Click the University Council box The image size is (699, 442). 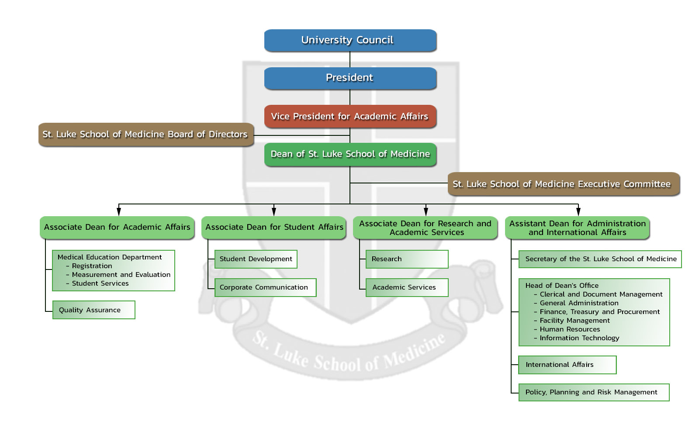tap(350, 40)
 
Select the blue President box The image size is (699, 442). tap(350, 78)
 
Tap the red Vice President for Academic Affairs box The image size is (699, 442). tap(350, 116)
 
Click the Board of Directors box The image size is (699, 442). tap(145, 135)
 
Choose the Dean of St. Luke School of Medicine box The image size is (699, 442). tap(350, 154)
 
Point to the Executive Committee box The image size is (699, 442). tap(563, 184)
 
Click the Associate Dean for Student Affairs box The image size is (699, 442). tap(274, 227)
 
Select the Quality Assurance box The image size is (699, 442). tap(93, 310)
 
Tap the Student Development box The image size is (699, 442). tap(256, 259)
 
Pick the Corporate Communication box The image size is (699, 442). tap(265, 287)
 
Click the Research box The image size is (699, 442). tap(407, 259)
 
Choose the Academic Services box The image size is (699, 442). tap(407, 287)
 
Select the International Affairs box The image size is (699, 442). tap(567, 365)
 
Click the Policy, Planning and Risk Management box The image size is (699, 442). tap(594, 392)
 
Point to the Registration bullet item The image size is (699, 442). tap(92, 266)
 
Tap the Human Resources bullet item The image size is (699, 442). tap(570, 329)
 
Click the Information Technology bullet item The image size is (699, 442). tap(579, 338)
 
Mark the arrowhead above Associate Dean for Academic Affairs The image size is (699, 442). tap(119, 212)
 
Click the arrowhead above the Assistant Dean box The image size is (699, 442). tap(578, 212)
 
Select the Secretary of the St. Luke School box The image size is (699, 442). tap(600, 259)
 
